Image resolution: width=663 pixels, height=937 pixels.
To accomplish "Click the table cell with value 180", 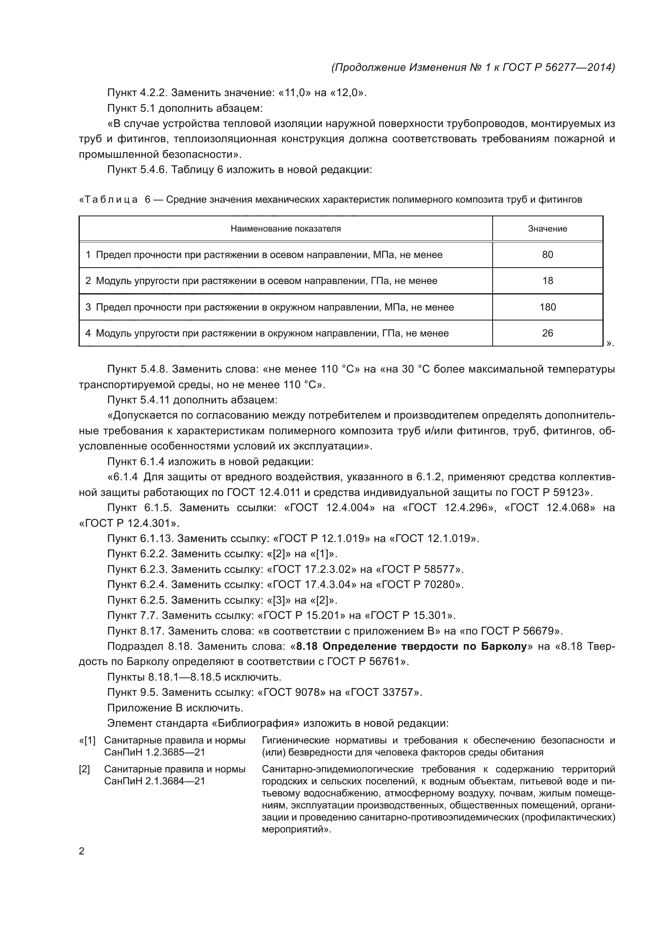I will [548, 307].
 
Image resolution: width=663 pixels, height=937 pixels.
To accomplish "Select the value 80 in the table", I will [548, 255].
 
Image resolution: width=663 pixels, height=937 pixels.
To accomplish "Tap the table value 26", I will [548, 333].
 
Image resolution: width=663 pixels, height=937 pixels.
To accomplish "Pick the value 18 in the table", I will [548, 281].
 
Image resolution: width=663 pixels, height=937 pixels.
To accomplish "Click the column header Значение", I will [548, 228].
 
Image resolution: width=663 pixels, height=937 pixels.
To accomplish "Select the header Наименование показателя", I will [285, 228].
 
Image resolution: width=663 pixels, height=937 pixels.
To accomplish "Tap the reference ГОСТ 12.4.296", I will [447, 508].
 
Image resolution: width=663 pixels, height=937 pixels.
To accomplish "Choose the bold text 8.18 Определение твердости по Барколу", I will [412, 647].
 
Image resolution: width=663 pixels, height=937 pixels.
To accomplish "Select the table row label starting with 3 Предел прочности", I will [269, 307].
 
